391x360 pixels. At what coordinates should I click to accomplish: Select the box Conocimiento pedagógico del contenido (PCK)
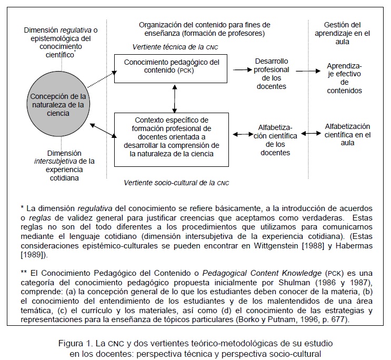tap(171, 67)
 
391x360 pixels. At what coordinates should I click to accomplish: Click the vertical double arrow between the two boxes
tap(171, 97)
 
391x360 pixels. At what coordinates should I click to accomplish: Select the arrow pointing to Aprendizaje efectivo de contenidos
tap(308, 70)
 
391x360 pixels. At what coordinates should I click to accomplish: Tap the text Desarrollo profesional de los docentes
tap(272, 74)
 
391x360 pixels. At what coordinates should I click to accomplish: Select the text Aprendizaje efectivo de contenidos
tap(344, 78)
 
